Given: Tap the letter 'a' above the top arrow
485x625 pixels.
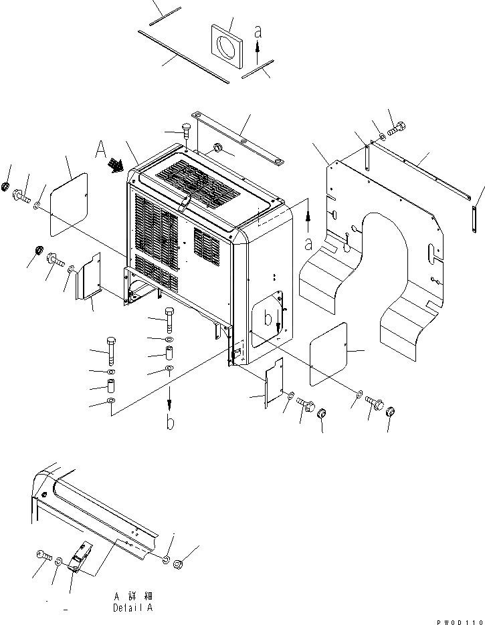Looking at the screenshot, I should (x=258, y=31).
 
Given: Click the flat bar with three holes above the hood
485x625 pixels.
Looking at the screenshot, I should (x=237, y=141).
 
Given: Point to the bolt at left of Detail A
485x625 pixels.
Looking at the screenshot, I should (x=43, y=555).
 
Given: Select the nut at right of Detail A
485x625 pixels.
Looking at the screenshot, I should (x=179, y=566).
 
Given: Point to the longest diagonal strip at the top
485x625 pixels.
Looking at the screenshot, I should (x=183, y=56).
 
